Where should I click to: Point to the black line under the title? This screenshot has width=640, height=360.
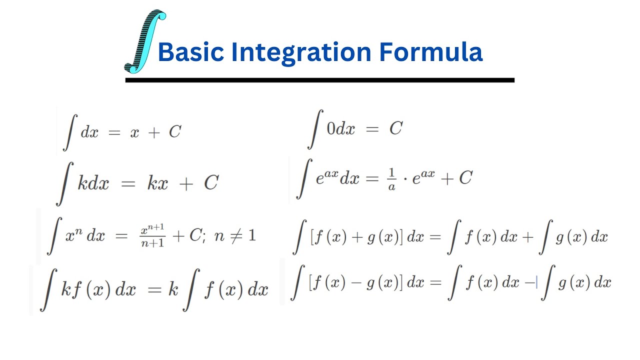pyautogui.click(x=319, y=80)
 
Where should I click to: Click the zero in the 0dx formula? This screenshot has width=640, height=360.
pyautogui.click(x=331, y=129)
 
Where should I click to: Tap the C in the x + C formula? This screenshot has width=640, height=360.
pyautogui.click(x=174, y=132)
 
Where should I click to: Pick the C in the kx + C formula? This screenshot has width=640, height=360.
pyautogui.click(x=211, y=183)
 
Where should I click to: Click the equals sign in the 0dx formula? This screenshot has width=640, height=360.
pyautogui.click(x=372, y=129)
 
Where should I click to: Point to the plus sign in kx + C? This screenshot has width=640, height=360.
pyautogui.click(x=186, y=184)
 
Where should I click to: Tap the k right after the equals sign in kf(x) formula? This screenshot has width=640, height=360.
pyautogui.click(x=172, y=289)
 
